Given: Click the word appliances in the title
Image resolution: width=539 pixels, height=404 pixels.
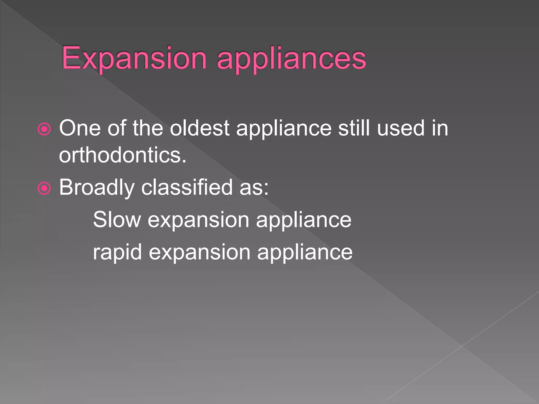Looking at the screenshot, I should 291,59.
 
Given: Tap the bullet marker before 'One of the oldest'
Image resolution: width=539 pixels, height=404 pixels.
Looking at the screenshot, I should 44,129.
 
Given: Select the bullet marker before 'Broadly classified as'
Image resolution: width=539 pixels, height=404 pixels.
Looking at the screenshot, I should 44,188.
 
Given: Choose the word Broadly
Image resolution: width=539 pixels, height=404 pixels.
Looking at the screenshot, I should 97,188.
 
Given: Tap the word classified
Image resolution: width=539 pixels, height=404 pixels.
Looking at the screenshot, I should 187,187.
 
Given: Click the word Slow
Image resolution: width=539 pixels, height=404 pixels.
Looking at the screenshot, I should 117,220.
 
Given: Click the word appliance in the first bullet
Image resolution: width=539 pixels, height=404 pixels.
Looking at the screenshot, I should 284,129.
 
